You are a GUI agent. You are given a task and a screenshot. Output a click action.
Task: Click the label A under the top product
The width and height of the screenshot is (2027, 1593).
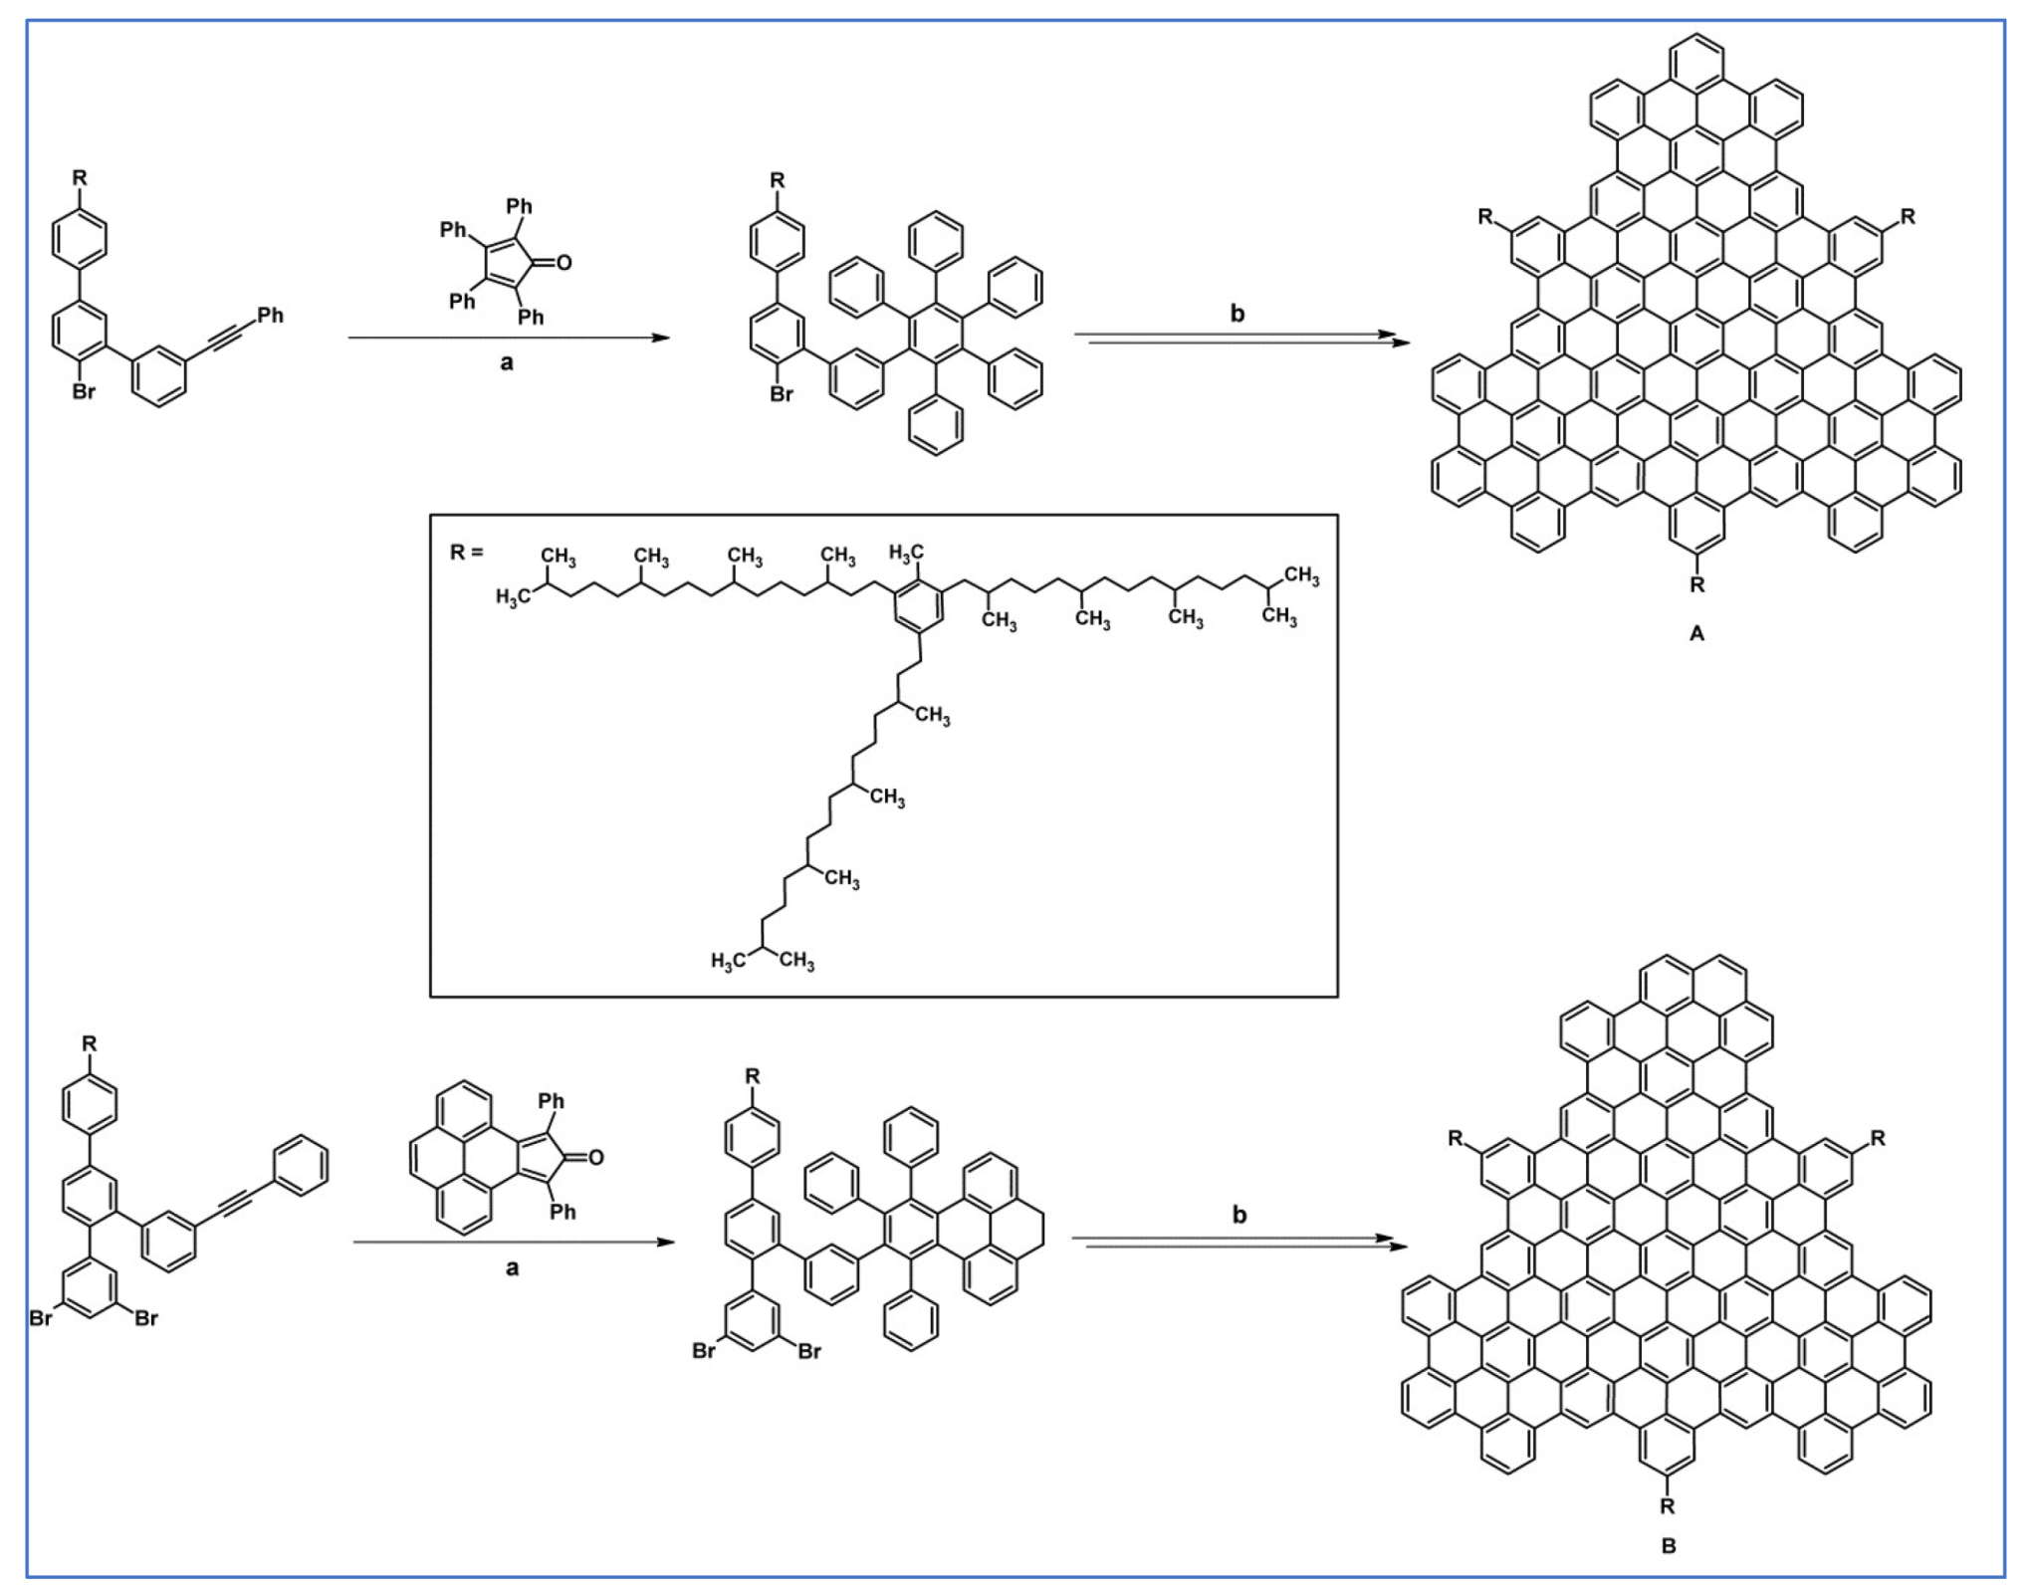tap(1696, 633)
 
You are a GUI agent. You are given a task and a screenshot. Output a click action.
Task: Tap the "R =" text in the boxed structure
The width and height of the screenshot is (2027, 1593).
tap(466, 552)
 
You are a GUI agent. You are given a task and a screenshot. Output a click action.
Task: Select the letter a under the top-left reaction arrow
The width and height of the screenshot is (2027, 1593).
tap(507, 363)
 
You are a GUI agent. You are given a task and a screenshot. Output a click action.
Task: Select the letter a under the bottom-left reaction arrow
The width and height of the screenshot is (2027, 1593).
tap(512, 1268)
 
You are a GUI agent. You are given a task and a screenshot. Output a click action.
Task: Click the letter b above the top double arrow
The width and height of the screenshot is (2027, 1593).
tap(1238, 314)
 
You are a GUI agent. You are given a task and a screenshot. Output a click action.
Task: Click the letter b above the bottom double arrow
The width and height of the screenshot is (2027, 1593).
tap(1239, 1215)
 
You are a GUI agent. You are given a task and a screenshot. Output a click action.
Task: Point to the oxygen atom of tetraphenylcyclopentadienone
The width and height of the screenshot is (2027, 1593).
tap(564, 263)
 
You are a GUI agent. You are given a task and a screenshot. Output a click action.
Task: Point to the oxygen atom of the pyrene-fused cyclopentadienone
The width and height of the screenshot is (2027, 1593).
tap(595, 1157)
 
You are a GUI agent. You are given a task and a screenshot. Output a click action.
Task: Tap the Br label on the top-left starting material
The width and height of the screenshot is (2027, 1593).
tap(84, 392)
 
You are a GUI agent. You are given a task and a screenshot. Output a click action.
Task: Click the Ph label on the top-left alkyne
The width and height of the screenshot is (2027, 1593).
tap(271, 316)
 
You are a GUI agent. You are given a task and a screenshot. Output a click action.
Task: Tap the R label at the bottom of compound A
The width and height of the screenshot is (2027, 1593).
tap(1696, 584)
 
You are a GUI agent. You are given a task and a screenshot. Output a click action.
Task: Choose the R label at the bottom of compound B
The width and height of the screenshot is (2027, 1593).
tap(1668, 1506)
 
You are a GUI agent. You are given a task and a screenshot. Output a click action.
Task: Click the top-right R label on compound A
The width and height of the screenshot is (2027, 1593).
tap(1908, 216)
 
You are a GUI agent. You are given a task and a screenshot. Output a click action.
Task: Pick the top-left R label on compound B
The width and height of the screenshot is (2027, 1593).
tap(1456, 1138)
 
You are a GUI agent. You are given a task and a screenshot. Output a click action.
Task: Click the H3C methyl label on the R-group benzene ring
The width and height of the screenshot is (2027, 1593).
tap(905, 552)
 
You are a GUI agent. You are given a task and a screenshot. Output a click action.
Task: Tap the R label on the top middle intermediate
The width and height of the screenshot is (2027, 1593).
tap(778, 180)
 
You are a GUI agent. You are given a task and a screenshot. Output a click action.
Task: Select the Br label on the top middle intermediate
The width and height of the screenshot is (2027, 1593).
tap(782, 394)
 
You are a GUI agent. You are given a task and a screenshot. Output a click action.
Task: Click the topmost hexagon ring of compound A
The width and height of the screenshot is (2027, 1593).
tap(1696, 62)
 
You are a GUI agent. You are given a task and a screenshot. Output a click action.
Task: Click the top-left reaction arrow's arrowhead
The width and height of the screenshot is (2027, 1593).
tap(660, 338)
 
